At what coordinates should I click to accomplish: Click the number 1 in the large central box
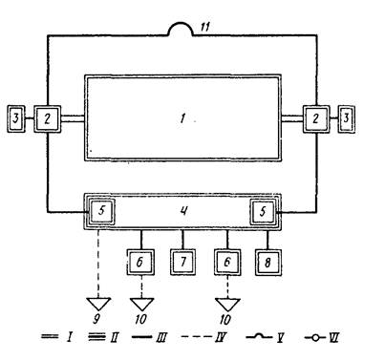(x=182, y=118)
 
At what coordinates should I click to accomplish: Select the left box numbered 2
(x=47, y=118)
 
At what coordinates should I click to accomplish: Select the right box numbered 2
(x=316, y=118)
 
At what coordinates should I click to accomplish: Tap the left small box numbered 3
(x=16, y=118)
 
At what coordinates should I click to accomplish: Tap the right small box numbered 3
(x=346, y=118)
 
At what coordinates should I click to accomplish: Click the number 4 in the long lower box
(x=183, y=211)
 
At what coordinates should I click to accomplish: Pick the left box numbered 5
(x=101, y=211)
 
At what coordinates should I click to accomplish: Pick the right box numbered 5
(x=263, y=211)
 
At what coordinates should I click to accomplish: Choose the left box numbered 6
(x=140, y=262)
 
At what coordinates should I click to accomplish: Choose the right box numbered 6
(x=227, y=262)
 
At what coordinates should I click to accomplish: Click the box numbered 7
(x=183, y=262)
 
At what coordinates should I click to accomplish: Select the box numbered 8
(x=267, y=263)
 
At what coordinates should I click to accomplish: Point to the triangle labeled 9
(x=98, y=304)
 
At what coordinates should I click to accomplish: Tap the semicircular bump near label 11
(x=181, y=23)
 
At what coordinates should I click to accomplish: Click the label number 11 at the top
(x=205, y=27)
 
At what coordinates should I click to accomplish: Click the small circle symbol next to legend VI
(x=315, y=338)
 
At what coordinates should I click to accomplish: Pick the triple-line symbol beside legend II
(x=96, y=337)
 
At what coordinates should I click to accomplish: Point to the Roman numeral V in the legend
(x=280, y=337)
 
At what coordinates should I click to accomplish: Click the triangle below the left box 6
(x=141, y=304)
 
